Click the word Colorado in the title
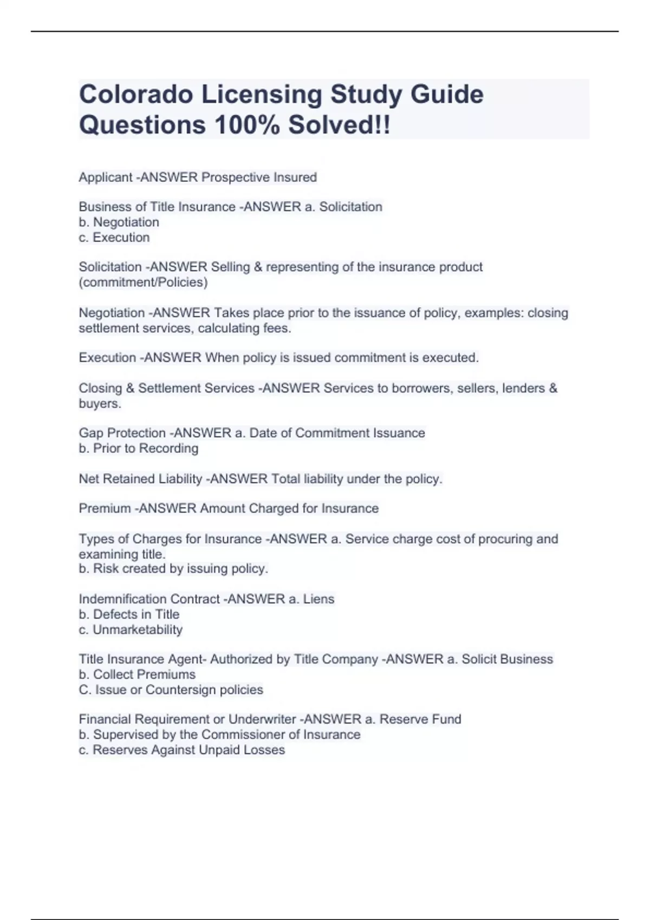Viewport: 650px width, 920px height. (x=136, y=94)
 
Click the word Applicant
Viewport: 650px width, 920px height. (x=106, y=178)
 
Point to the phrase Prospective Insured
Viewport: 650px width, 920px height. (x=259, y=178)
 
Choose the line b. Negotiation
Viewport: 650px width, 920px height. (x=119, y=222)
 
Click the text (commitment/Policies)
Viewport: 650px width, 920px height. (x=144, y=282)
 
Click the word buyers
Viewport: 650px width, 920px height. (x=100, y=404)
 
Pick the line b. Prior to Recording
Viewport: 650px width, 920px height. (x=139, y=449)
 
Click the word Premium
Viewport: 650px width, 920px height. (x=105, y=509)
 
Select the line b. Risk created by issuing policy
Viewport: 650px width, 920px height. (x=173, y=569)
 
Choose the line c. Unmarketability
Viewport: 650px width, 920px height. (x=131, y=630)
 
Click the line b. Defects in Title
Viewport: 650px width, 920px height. (x=129, y=615)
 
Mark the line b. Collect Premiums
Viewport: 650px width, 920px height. (x=137, y=675)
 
